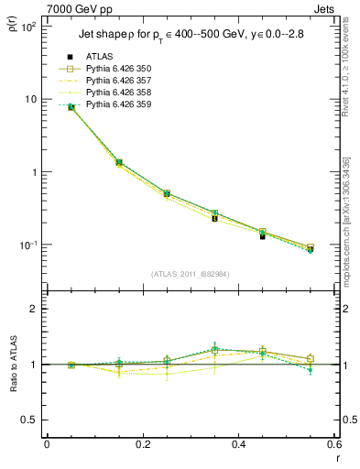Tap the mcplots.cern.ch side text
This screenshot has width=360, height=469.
pos(345,220)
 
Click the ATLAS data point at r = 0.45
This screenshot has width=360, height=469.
pos(262,236)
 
